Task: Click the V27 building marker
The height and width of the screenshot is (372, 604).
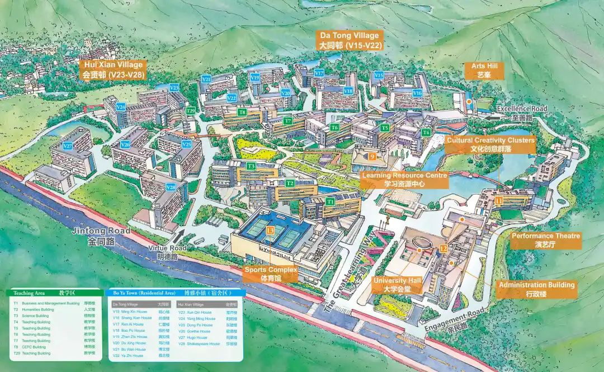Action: click(68, 146)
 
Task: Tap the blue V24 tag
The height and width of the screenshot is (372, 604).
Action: click(120, 106)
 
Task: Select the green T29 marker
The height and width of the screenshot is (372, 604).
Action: click(191, 111)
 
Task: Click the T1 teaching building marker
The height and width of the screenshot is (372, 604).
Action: click(331, 201)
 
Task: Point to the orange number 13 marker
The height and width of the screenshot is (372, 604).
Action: click(271, 230)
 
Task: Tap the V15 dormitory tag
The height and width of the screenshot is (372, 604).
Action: click(379, 75)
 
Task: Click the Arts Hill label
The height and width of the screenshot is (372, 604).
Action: click(480, 70)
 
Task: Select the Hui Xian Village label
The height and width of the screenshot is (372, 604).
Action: click(114, 69)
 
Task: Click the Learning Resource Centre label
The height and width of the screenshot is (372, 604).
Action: click(405, 179)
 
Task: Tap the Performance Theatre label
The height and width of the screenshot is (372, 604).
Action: click(546, 240)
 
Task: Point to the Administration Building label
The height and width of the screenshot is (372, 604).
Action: click(536, 289)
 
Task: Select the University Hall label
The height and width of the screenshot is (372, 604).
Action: click(398, 284)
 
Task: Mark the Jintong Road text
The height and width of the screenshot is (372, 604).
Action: click(109, 235)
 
